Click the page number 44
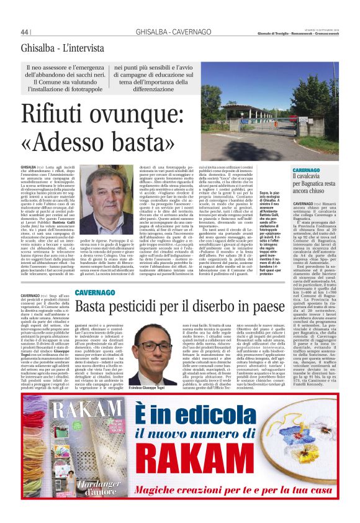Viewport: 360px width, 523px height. coord(25,32)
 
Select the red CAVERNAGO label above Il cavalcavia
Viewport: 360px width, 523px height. coord(307,170)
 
